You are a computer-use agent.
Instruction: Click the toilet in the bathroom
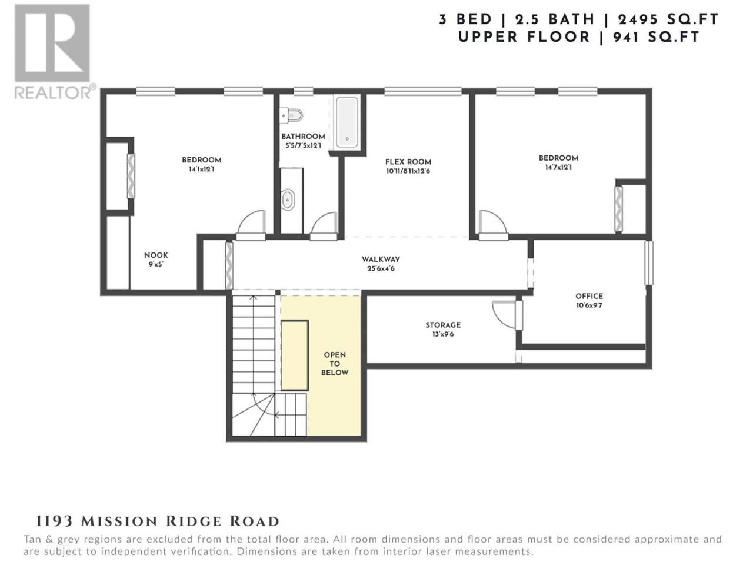click(291, 115)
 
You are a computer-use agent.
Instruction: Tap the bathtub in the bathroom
click(347, 122)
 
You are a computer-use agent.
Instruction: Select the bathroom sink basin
click(288, 199)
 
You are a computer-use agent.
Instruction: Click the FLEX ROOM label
click(408, 162)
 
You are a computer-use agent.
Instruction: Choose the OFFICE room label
click(589, 296)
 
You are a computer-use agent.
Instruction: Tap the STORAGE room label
click(443, 325)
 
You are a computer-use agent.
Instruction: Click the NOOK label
click(156, 255)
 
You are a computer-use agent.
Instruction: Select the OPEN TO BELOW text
click(335, 364)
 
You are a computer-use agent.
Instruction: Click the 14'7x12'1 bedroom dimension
click(558, 167)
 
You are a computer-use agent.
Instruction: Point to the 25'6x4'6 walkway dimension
click(381, 268)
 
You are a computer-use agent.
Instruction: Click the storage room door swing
click(504, 314)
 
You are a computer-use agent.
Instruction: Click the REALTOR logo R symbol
click(52, 43)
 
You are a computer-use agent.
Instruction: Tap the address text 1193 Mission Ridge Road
click(158, 521)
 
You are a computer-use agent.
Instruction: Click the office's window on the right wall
click(648, 263)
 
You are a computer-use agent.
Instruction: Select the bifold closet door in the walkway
click(229, 265)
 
